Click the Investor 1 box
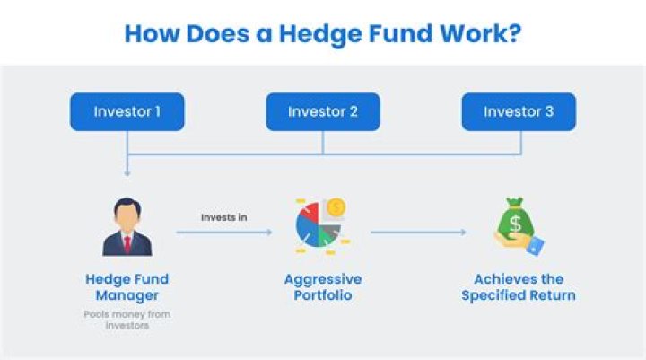click(x=127, y=112)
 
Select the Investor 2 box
click(x=323, y=112)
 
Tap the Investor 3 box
click(x=519, y=112)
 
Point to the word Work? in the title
click(x=479, y=34)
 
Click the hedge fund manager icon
click(x=127, y=230)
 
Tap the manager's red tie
click(x=127, y=243)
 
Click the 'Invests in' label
click(x=223, y=216)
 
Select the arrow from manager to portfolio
click(x=223, y=233)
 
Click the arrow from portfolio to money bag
click(x=418, y=233)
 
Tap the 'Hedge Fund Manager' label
click(x=127, y=286)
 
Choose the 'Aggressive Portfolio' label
click(x=323, y=286)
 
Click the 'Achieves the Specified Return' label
click(x=519, y=286)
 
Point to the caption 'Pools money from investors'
click(x=127, y=320)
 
